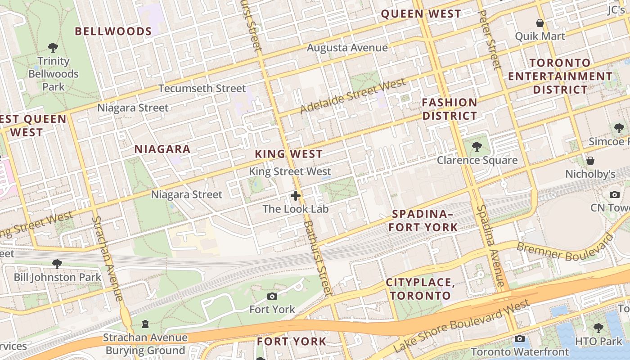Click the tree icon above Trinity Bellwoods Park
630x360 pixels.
coord(53,47)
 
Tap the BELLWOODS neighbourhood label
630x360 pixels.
coord(113,31)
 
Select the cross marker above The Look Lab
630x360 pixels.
coord(296,196)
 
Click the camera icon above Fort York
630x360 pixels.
coord(272,296)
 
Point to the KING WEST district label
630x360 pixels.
coord(288,154)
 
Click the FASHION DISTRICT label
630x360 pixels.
coord(449,109)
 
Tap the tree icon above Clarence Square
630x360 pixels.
coord(477,147)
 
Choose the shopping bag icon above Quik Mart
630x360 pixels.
coord(540,23)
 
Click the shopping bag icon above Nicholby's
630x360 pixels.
coord(590,161)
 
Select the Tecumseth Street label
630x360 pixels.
coord(202,88)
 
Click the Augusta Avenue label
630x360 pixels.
coord(347,48)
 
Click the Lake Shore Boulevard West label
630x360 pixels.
coord(461,327)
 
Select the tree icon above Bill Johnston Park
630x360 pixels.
coord(57,264)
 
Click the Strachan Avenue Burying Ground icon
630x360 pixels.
coord(145,324)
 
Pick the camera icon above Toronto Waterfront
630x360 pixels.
coord(520,338)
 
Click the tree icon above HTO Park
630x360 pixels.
coord(598,328)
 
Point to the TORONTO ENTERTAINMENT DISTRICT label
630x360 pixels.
coord(560,76)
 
